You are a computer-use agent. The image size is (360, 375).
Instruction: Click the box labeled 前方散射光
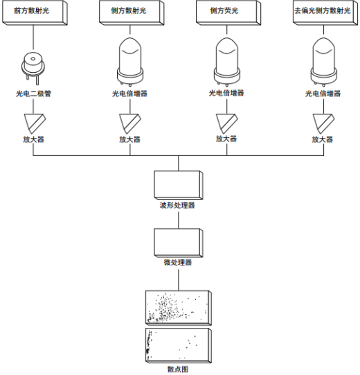tap(35, 12)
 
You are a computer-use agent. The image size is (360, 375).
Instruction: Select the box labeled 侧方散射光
tap(132, 12)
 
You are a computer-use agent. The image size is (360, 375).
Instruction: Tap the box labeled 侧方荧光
tap(228, 12)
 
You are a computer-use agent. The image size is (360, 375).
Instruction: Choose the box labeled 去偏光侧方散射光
tap(325, 12)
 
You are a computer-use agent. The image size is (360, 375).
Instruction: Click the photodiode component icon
tap(33, 67)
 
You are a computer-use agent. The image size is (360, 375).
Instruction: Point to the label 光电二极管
tap(34, 94)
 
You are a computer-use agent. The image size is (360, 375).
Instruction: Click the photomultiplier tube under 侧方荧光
tap(227, 62)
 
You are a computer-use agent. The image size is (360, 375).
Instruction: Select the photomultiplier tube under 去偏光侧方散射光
tap(324, 62)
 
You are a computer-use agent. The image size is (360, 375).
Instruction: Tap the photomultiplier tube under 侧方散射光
tap(130, 62)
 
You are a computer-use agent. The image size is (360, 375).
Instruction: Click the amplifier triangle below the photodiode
tap(35, 123)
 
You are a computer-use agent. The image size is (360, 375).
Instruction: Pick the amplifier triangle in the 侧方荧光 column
tap(227, 123)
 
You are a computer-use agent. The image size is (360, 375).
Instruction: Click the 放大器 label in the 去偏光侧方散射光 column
tap(323, 139)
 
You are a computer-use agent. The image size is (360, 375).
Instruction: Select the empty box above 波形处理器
tap(179, 185)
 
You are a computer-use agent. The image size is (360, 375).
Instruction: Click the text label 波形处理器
tap(177, 205)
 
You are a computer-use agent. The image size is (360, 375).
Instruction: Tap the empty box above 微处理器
tap(179, 243)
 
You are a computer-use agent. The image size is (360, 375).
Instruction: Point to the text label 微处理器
tap(178, 262)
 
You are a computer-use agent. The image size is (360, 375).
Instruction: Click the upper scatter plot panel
tap(179, 308)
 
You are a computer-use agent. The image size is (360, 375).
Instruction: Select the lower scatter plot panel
tap(179, 346)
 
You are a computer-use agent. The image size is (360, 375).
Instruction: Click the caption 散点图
tap(178, 369)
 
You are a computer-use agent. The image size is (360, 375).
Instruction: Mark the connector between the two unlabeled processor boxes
tap(179, 220)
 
